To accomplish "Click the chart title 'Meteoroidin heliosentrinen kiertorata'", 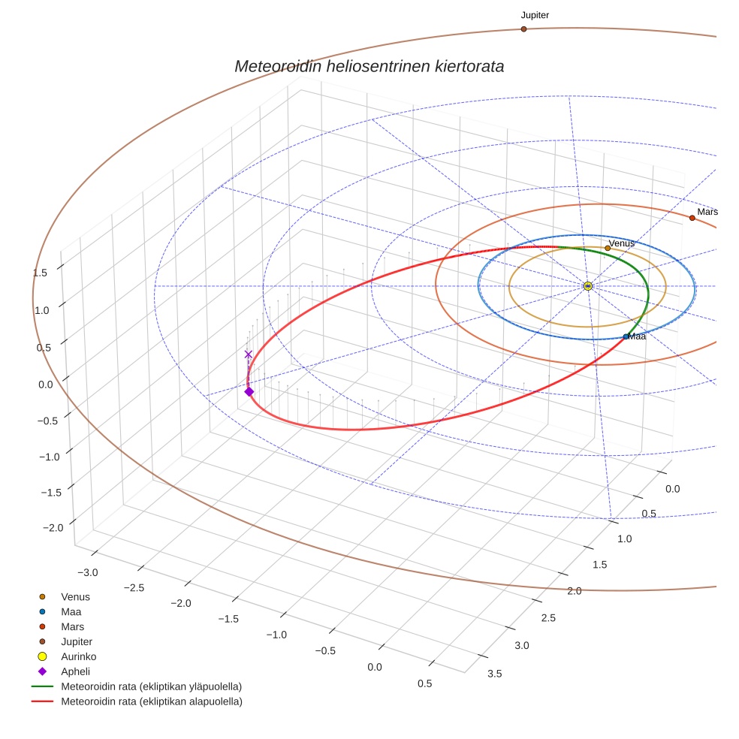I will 369,66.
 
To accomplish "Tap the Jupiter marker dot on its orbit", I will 523,29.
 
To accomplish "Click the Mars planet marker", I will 692,218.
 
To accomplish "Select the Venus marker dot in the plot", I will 608,248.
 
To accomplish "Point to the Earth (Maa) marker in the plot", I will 626,336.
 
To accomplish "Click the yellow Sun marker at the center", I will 588,286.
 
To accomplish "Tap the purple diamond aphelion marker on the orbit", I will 249,391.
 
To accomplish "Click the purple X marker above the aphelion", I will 249,354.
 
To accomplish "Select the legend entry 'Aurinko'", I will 78,656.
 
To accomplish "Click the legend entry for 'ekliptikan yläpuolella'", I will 151,686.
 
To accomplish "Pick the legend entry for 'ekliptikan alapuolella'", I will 151,701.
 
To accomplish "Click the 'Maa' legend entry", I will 72,611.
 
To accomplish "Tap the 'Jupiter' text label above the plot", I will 535,15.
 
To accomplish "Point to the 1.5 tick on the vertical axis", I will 41,273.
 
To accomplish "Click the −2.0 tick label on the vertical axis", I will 52,528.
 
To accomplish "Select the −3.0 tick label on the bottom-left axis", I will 88,573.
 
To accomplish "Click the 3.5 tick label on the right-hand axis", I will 494,673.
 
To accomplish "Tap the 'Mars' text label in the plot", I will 707,212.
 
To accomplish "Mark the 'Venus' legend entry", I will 75,596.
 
